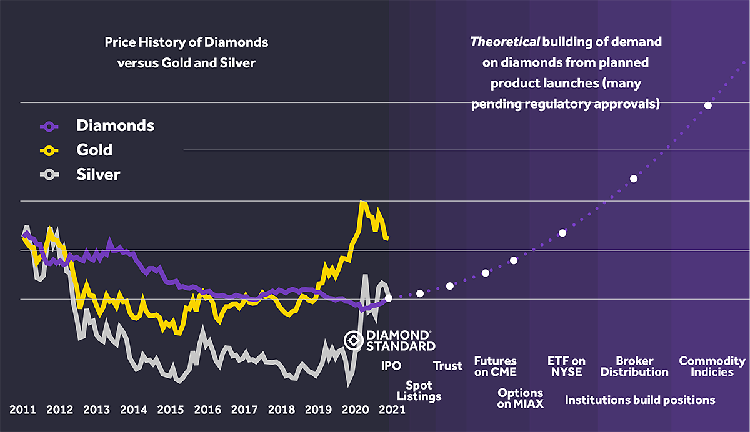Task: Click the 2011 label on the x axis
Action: [23, 410]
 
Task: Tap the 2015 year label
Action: [171, 410]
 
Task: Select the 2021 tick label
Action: [391, 410]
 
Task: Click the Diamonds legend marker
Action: [49, 126]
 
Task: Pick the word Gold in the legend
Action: [94, 150]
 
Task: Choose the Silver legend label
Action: [98, 174]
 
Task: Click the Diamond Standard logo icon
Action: [353, 341]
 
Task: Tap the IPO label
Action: [391, 366]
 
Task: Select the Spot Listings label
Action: [419, 391]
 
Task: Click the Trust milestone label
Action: [448, 366]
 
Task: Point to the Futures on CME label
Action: [496, 366]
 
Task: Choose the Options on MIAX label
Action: [521, 398]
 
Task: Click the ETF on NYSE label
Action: [567, 366]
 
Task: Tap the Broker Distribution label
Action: [634, 366]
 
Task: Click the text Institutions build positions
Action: [640, 400]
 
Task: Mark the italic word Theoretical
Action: [504, 42]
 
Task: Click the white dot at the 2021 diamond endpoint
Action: [389, 298]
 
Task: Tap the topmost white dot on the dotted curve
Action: [707, 106]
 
